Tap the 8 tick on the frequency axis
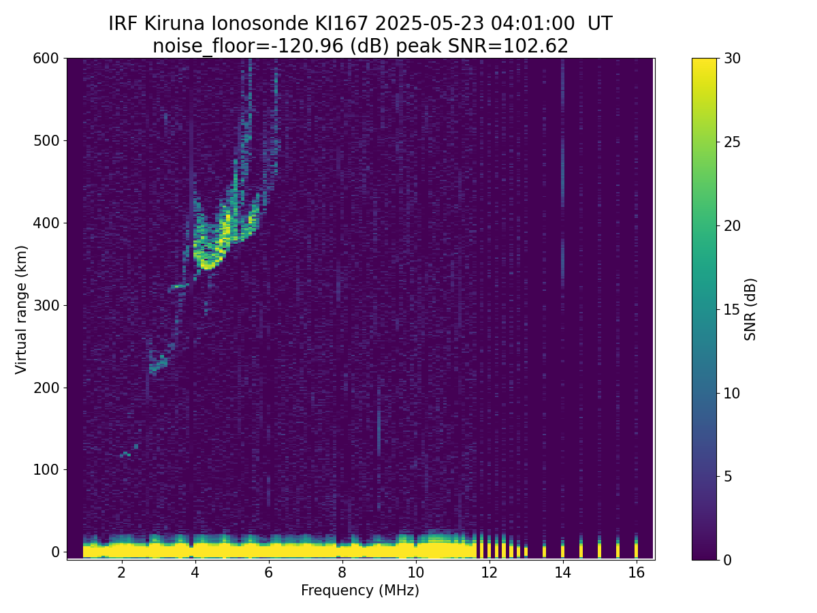pyautogui.click(x=342, y=572)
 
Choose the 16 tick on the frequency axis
pyautogui.click(x=636, y=572)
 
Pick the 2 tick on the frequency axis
pyautogui.click(x=122, y=572)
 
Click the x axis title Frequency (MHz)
pyautogui.click(x=360, y=591)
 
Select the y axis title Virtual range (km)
pyautogui.click(x=22, y=309)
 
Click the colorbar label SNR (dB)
pyautogui.click(x=750, y=309)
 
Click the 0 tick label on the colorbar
pyautogui.click(x=727, y=560)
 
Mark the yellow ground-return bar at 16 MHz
pyautogui.click(x=636, y=549)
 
